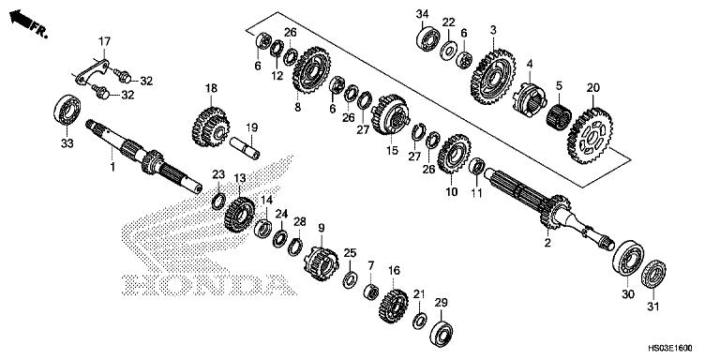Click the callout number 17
tap(105, 40)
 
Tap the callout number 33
tap(66, 143)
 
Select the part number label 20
tap(592, 88)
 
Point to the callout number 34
tap(422, 13)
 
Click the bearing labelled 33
tap(67, 108)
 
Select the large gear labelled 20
tap(590, 134)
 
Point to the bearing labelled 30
tap(628, 258)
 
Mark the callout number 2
tap(547, 243)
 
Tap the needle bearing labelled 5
tap(560, 116)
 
